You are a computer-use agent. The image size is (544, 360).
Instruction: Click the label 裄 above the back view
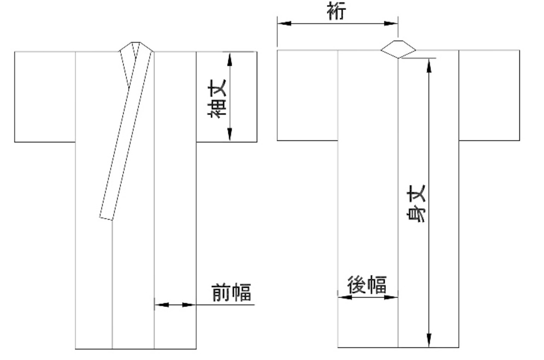click(336, 11)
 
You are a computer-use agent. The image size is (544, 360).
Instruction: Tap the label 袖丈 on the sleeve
click(217, 99)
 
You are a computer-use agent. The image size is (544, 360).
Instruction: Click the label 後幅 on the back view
click(367, 285)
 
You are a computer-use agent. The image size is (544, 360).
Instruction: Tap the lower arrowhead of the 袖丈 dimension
click(229, 134)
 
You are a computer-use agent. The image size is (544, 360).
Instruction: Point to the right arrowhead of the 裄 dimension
click(391, 23)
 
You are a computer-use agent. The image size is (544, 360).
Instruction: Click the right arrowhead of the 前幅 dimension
click(189, 305)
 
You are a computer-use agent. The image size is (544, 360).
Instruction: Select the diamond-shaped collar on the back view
click(398, 49)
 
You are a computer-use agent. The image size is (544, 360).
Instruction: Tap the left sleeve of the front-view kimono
click(45, 96)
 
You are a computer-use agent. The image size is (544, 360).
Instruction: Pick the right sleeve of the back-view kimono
click(489, 95)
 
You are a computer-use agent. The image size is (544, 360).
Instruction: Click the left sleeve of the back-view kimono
click(307, 95)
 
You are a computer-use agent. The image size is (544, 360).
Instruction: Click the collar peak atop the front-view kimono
click(136, 43)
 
